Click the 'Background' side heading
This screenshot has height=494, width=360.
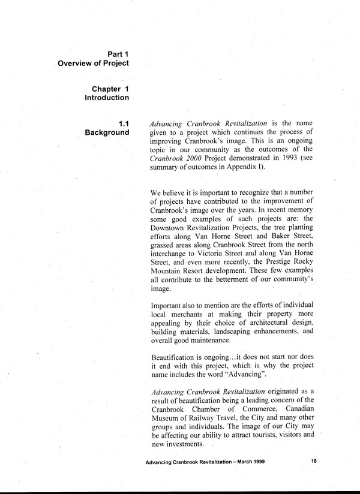[107, 132]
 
